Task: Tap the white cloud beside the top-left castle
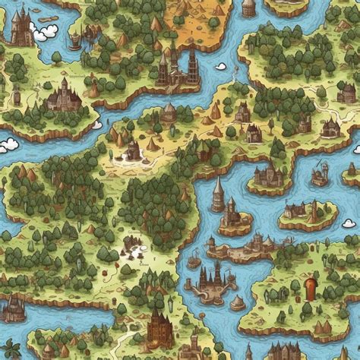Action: [46, 31]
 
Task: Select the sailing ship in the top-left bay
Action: [74, 39]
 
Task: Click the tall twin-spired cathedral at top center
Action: [178, 67]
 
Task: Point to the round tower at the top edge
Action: [248, 8]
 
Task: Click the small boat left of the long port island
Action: [194, 261]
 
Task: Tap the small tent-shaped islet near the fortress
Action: [238, 302]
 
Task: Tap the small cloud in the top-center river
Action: [220, 65]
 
